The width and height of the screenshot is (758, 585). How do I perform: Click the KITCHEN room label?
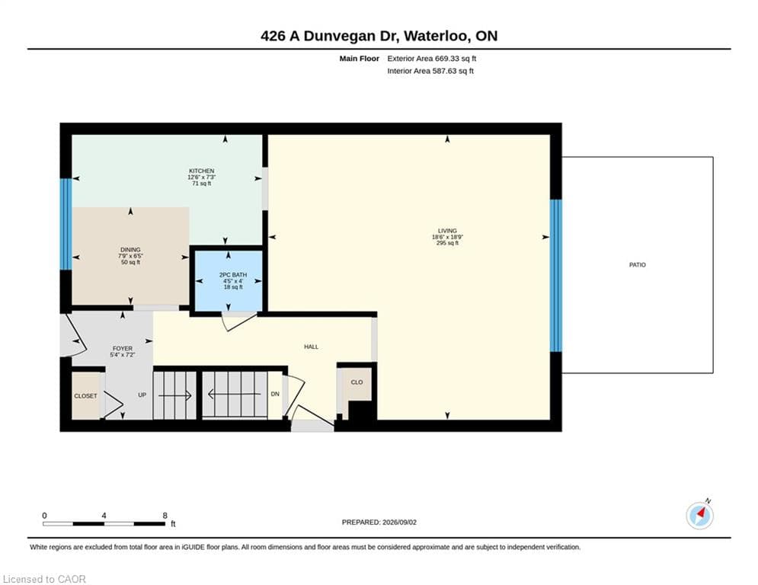click(202, 171)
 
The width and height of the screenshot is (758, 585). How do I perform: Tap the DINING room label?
click(130, 250)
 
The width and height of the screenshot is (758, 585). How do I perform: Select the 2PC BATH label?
click(233, 275)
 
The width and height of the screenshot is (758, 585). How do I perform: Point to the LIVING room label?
click(447, 231)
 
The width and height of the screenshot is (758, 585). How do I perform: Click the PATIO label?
click(637, 265)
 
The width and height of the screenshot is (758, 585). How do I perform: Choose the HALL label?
click(312, 347)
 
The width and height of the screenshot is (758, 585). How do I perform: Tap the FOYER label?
click(123, 349)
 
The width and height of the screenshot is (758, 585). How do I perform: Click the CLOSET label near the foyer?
click(85, 396)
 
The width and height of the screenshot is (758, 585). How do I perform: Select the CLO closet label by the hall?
click(357, 382)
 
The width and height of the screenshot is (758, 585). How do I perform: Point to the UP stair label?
click(142, 395)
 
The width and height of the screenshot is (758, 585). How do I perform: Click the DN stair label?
click(275, 394)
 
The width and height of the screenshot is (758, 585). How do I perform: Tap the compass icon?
click(699, 516)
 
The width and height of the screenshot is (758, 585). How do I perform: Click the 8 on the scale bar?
click(165, 516)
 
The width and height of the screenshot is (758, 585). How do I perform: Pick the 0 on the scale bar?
click(44, 516)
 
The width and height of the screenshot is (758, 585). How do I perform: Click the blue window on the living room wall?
click(556, 276)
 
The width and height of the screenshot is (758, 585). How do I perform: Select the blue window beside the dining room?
click(66, 225)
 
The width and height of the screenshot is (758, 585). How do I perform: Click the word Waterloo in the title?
click(436, 36)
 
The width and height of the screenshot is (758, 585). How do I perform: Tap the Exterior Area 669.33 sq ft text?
click(432, 59)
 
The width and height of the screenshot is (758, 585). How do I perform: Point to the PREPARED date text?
click(379, 522)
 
